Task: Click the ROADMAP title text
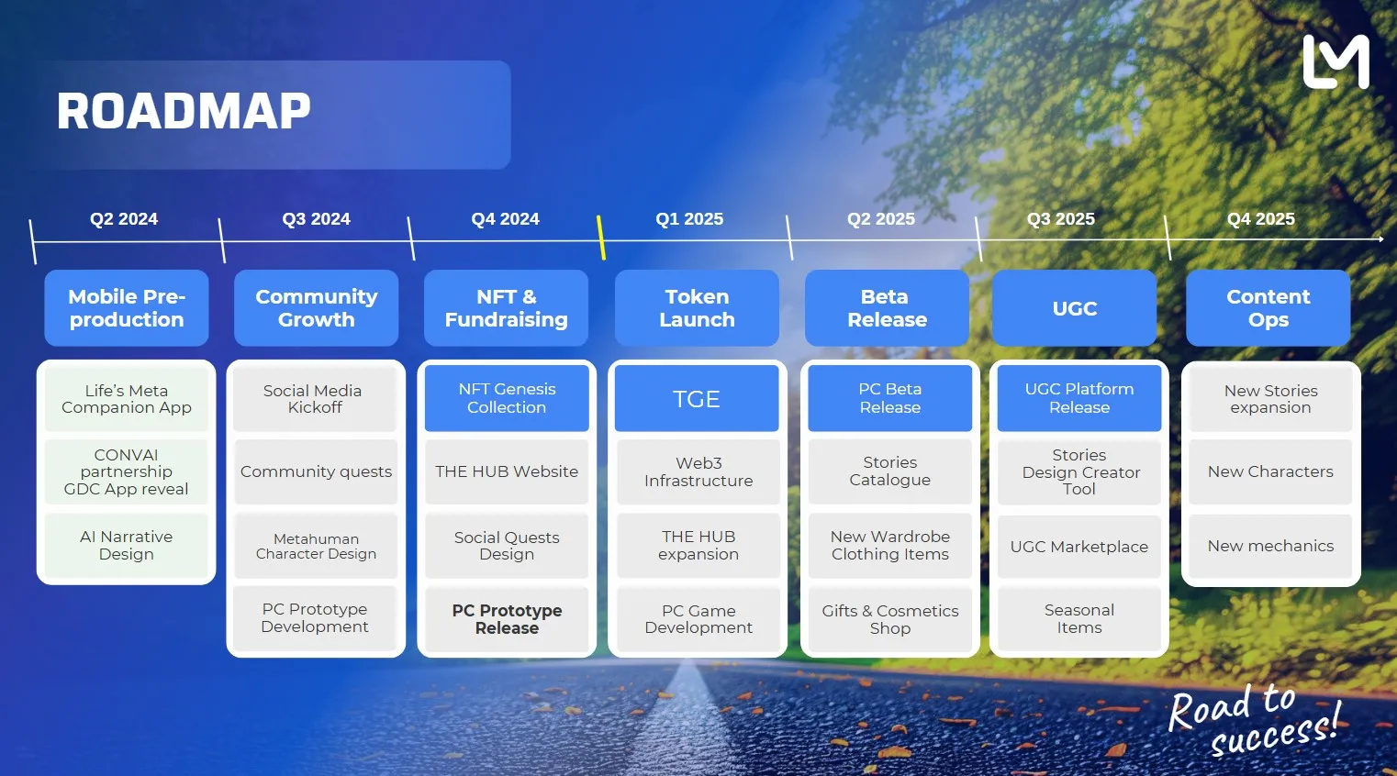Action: pyautogui.click(x=184, y=112)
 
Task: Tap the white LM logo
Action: pyautogui.click(x=1336, y=62)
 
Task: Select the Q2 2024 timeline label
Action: pyautogui.click(x=124, y=219)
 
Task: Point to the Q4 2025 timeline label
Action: pyautogui.click(x=1260, y=219)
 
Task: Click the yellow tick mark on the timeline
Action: pyautogui.click(x=600, y=238)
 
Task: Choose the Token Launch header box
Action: pyautogui.click(x=697, y=308)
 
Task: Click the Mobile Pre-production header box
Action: pyautogui.click(x=127, y=308)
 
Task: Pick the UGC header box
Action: pyautogui.click(x=1074, y=308)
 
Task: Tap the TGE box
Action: pyautogui.click(x=697, y=399)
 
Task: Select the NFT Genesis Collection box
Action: pyautogui.click(x=507, y=398)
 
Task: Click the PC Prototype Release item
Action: pyautogui.click(x=507, y=619)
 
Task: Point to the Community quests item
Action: pyautogui.click(x=316, y=471)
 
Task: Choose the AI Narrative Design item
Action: pyautogui.click(x=127, y=545)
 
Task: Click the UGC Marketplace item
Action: pyautogui.click(x=1078, y=547)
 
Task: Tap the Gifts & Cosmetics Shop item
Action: pyautogui.click(x=889, y=619)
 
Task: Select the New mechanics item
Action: pyautogui.click(x=1270, y=546)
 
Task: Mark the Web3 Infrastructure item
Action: pyautogui.click(x=698, y=471)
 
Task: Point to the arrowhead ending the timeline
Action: pyautogui.click(x=1380, y=238)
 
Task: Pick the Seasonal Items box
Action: pyautogui.click(x=1078, y=619)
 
